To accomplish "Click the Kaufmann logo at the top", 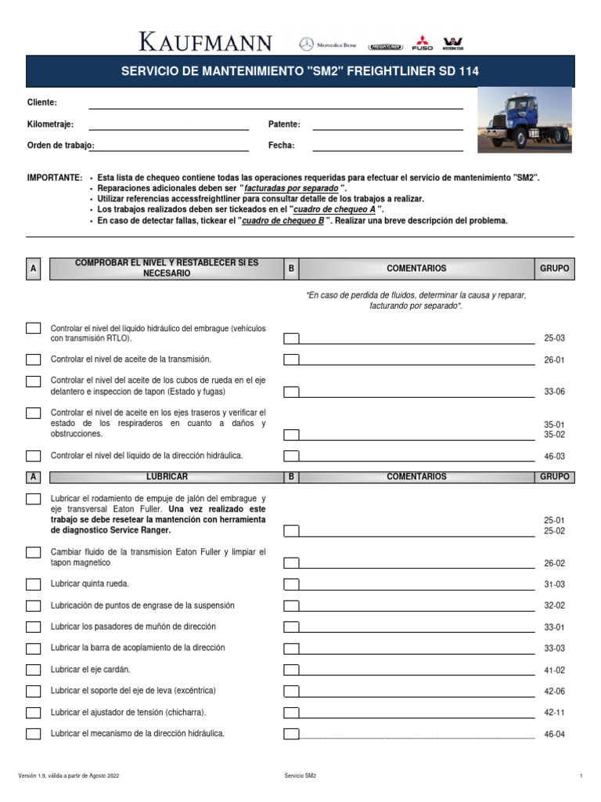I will [x=206, y=42].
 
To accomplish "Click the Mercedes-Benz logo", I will [x=327, y=45].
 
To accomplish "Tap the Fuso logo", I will [x=422, y=43].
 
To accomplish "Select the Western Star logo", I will [x=452, y=43].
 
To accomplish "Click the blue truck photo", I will [x=524, y=119].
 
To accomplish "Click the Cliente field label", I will [x=41, y=103].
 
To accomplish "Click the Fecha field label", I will [x=281, y=146].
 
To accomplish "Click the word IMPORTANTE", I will [x=54, y=179].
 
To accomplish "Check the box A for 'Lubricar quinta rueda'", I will [x=34, y=584].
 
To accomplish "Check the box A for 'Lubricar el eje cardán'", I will [x=34, y=670].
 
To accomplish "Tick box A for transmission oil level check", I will [x=34, y=359].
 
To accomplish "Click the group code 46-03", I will [x=554, y=456].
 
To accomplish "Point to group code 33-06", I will [x=554, y=392].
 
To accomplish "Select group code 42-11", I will [x=554, y=713].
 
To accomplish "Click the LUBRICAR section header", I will [x=167, y=477].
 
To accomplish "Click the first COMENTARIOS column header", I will [x=416, y=269].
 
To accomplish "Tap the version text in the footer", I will [x=69, y=775].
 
